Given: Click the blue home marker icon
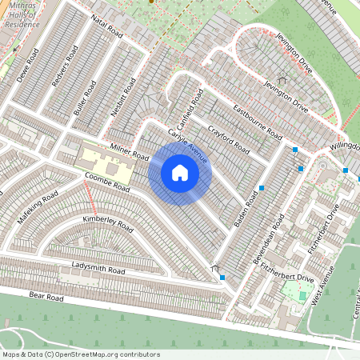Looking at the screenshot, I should (x=180, y=172).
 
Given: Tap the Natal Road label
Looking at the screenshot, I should (x=106, y=30).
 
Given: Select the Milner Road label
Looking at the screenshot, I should (x=130, y=150).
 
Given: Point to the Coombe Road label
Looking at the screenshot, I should (x=106, y=182).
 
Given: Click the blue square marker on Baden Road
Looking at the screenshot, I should (x=262, y=188).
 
